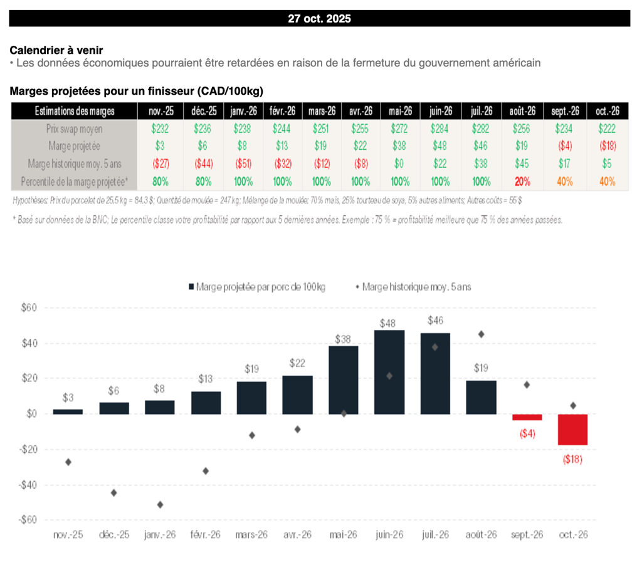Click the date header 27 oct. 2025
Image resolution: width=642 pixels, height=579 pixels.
[x=320, y=18]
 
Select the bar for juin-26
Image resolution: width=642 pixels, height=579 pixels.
[x=389, y=372]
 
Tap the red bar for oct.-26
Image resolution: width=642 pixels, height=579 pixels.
[x=572, y=430]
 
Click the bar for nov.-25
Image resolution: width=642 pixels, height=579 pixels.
[x=68, y=412]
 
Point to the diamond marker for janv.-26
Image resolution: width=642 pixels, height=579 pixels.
[x=160, y=504]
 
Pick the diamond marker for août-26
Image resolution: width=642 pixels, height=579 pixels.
[x=481, y=334]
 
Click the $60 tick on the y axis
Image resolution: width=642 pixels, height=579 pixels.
[x=30, y=308]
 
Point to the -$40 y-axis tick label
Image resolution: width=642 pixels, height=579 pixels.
[x=29, y=485]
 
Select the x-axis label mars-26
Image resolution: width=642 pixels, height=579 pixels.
[x=251, y=535]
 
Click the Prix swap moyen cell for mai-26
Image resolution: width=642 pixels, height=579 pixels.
[x=400, y=129]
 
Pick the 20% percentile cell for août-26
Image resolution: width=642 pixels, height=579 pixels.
[x=522, y=181]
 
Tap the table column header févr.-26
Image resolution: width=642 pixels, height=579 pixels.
[x=282, y=111]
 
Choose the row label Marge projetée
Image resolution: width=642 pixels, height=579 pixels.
[x=73, y=146]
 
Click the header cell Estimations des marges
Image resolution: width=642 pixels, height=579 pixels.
[x=73, y=111]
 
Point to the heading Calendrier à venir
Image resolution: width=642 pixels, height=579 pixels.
[x=56, y=50]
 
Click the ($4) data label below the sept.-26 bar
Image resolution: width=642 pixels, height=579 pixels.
[x=527, y=433]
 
